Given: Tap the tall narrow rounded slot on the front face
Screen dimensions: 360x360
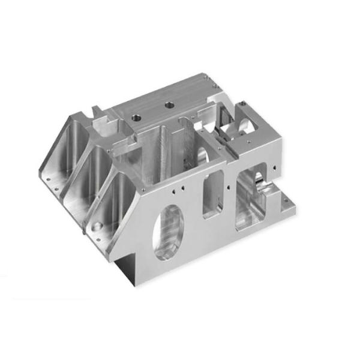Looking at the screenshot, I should pos(213,194).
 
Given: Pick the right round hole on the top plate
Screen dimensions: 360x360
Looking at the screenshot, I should pos(169,105).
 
